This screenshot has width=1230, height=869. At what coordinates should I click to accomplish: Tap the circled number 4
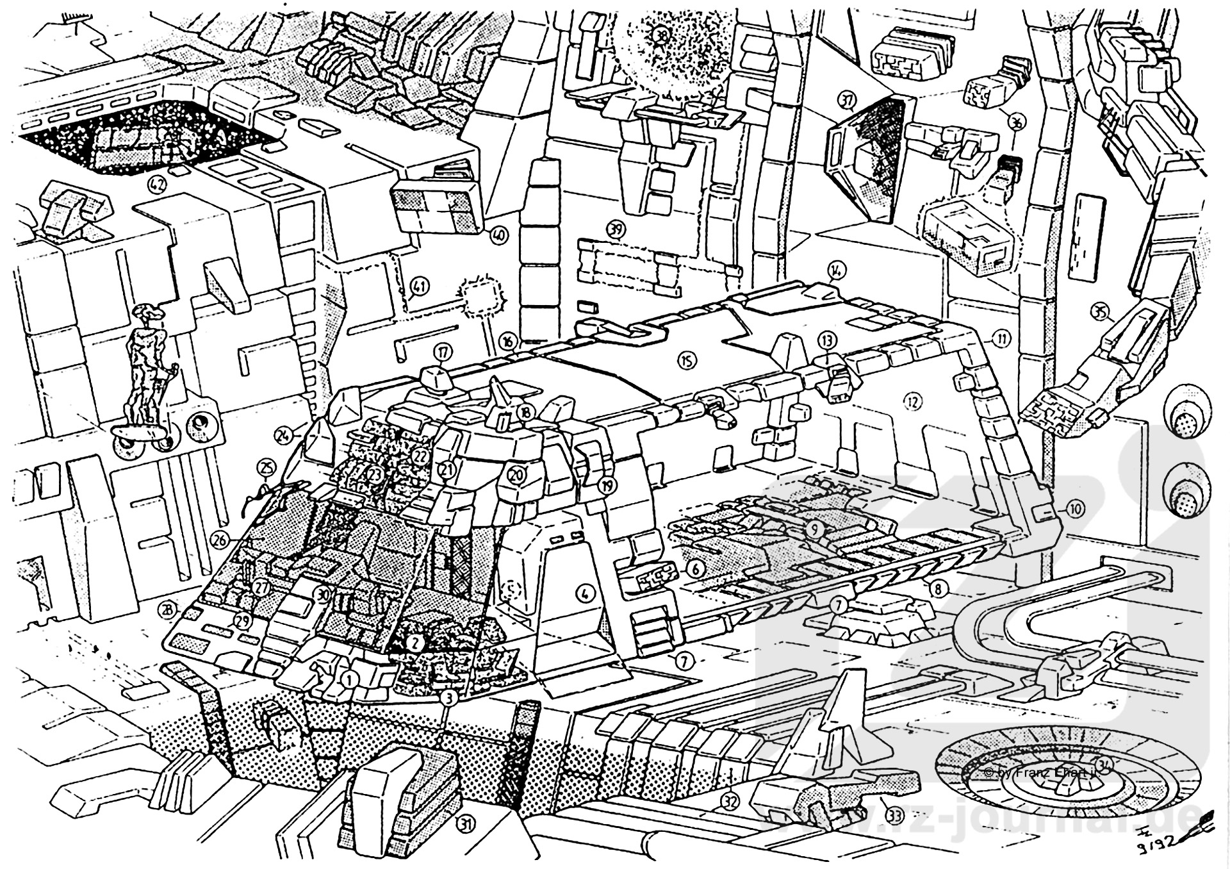(x=584, y=593)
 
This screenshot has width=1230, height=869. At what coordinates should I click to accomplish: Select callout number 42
(x=156, y=185)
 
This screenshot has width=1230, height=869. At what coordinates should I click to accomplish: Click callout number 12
(x=912, y=402)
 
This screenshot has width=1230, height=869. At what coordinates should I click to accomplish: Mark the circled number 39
(x=616, y=229)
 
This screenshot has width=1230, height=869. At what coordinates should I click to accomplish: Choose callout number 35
(x=1099, y=313)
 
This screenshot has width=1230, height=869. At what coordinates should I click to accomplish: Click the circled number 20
(x=516, y=475)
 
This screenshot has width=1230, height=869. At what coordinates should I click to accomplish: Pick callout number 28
(x=168, y=610)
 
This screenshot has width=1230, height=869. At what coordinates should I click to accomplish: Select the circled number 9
(x=814, y=529)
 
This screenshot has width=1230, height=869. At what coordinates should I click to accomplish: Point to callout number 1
(x=349, y=678)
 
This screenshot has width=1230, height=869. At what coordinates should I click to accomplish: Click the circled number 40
(x=498, y=236)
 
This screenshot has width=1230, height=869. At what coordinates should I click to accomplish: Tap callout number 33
(x=894, y=816)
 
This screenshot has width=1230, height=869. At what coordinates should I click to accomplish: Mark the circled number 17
(x=442, y=351)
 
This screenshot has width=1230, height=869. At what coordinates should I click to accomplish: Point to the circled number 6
(x=696, y=568)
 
